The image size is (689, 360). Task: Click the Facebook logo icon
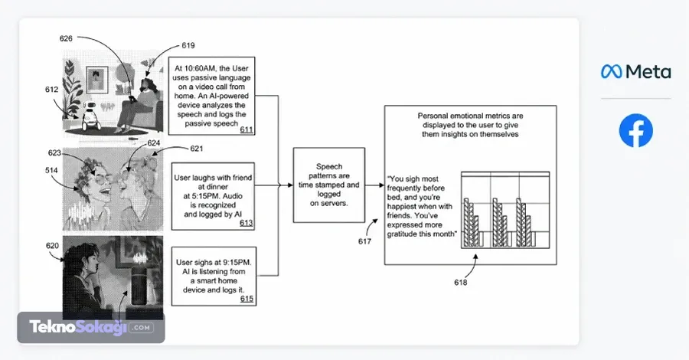[636, 130]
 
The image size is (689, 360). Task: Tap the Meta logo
[636, 72]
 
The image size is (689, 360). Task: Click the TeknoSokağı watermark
[91, 328]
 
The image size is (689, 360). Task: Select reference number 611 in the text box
[247, 129]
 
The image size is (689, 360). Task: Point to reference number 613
[246, 224]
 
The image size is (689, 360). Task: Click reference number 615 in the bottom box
[247, 299]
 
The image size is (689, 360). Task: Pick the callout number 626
[66, 39]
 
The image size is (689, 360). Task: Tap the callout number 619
[188, 45]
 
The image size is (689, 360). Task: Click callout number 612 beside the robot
[51, 90]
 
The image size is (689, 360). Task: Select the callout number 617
[364, 241]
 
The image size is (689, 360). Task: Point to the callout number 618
[461, 282]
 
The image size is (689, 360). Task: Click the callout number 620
[52, 246]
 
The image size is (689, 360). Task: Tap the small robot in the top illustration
[91, 116]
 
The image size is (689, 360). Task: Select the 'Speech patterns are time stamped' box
[329, 185]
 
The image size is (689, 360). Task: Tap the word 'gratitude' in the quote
[402, 234]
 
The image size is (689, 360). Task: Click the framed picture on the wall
[97, 79]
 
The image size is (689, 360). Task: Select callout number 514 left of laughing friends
[51, 171]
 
